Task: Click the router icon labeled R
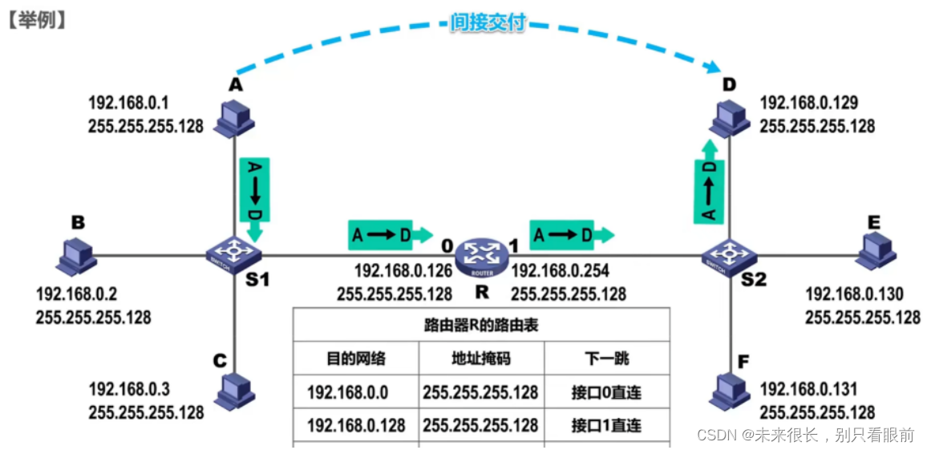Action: [x=481, y=254]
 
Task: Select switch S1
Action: [x=233, y=253]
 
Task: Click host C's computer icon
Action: [x=235, y=391]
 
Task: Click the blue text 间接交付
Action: [x=488, y=22]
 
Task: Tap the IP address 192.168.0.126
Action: [x=403, y=272]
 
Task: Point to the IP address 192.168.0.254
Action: [x=559, y=272]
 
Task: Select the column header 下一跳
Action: [x=607, y=358]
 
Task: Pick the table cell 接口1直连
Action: [x=607, y=424]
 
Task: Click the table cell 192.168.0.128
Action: [x=356, y=424]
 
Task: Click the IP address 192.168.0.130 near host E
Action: [x=854, y=294]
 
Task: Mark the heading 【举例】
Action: [x=36, y=19]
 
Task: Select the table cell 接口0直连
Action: [x=607, y=392]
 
